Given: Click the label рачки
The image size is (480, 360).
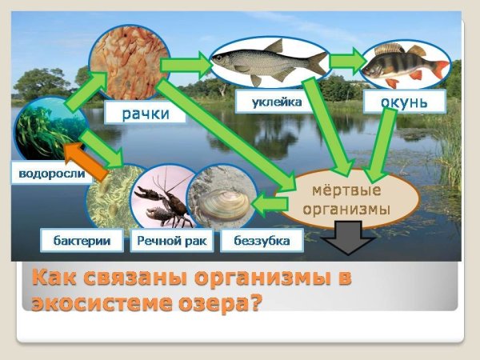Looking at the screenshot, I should click(145, 114).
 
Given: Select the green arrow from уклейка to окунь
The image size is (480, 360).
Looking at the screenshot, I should click(345, 61).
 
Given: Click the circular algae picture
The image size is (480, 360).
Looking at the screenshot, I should click(49, 132).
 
